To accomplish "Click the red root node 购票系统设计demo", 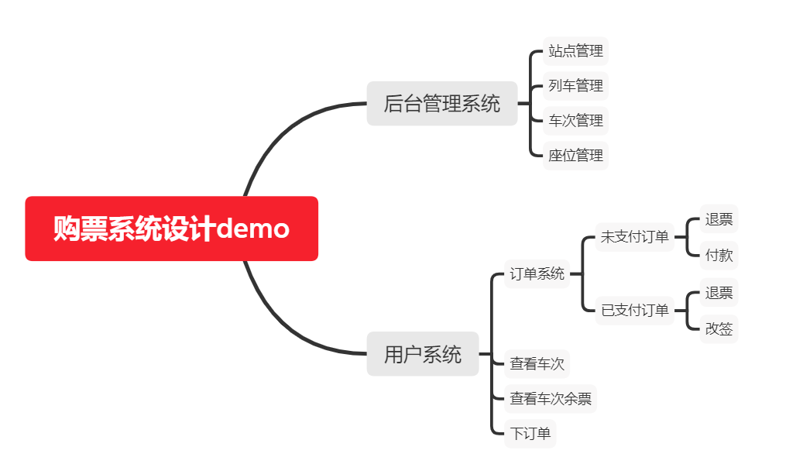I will coord(171,229).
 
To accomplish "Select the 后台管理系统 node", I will coord(442,103).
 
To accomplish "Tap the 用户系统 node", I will coord(423,354).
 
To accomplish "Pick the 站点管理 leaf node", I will coord(575,51).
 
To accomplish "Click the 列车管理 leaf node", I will coord(575,85).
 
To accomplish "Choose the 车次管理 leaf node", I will coord(575,120).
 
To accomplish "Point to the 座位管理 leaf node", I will coord(575,155).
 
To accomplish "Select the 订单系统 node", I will coord(537,273).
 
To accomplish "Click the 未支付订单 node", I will coord(634,236).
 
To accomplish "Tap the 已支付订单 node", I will coord(634,310).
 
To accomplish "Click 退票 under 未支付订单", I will coord(719,218).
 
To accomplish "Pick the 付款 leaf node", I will coord(719,254).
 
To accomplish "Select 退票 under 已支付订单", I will coord(719,292).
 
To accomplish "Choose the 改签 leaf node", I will coord(719,328).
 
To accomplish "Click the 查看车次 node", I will coord(537,363).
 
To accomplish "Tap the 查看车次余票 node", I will coord(551,399).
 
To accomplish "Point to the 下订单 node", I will coord(530,433).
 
